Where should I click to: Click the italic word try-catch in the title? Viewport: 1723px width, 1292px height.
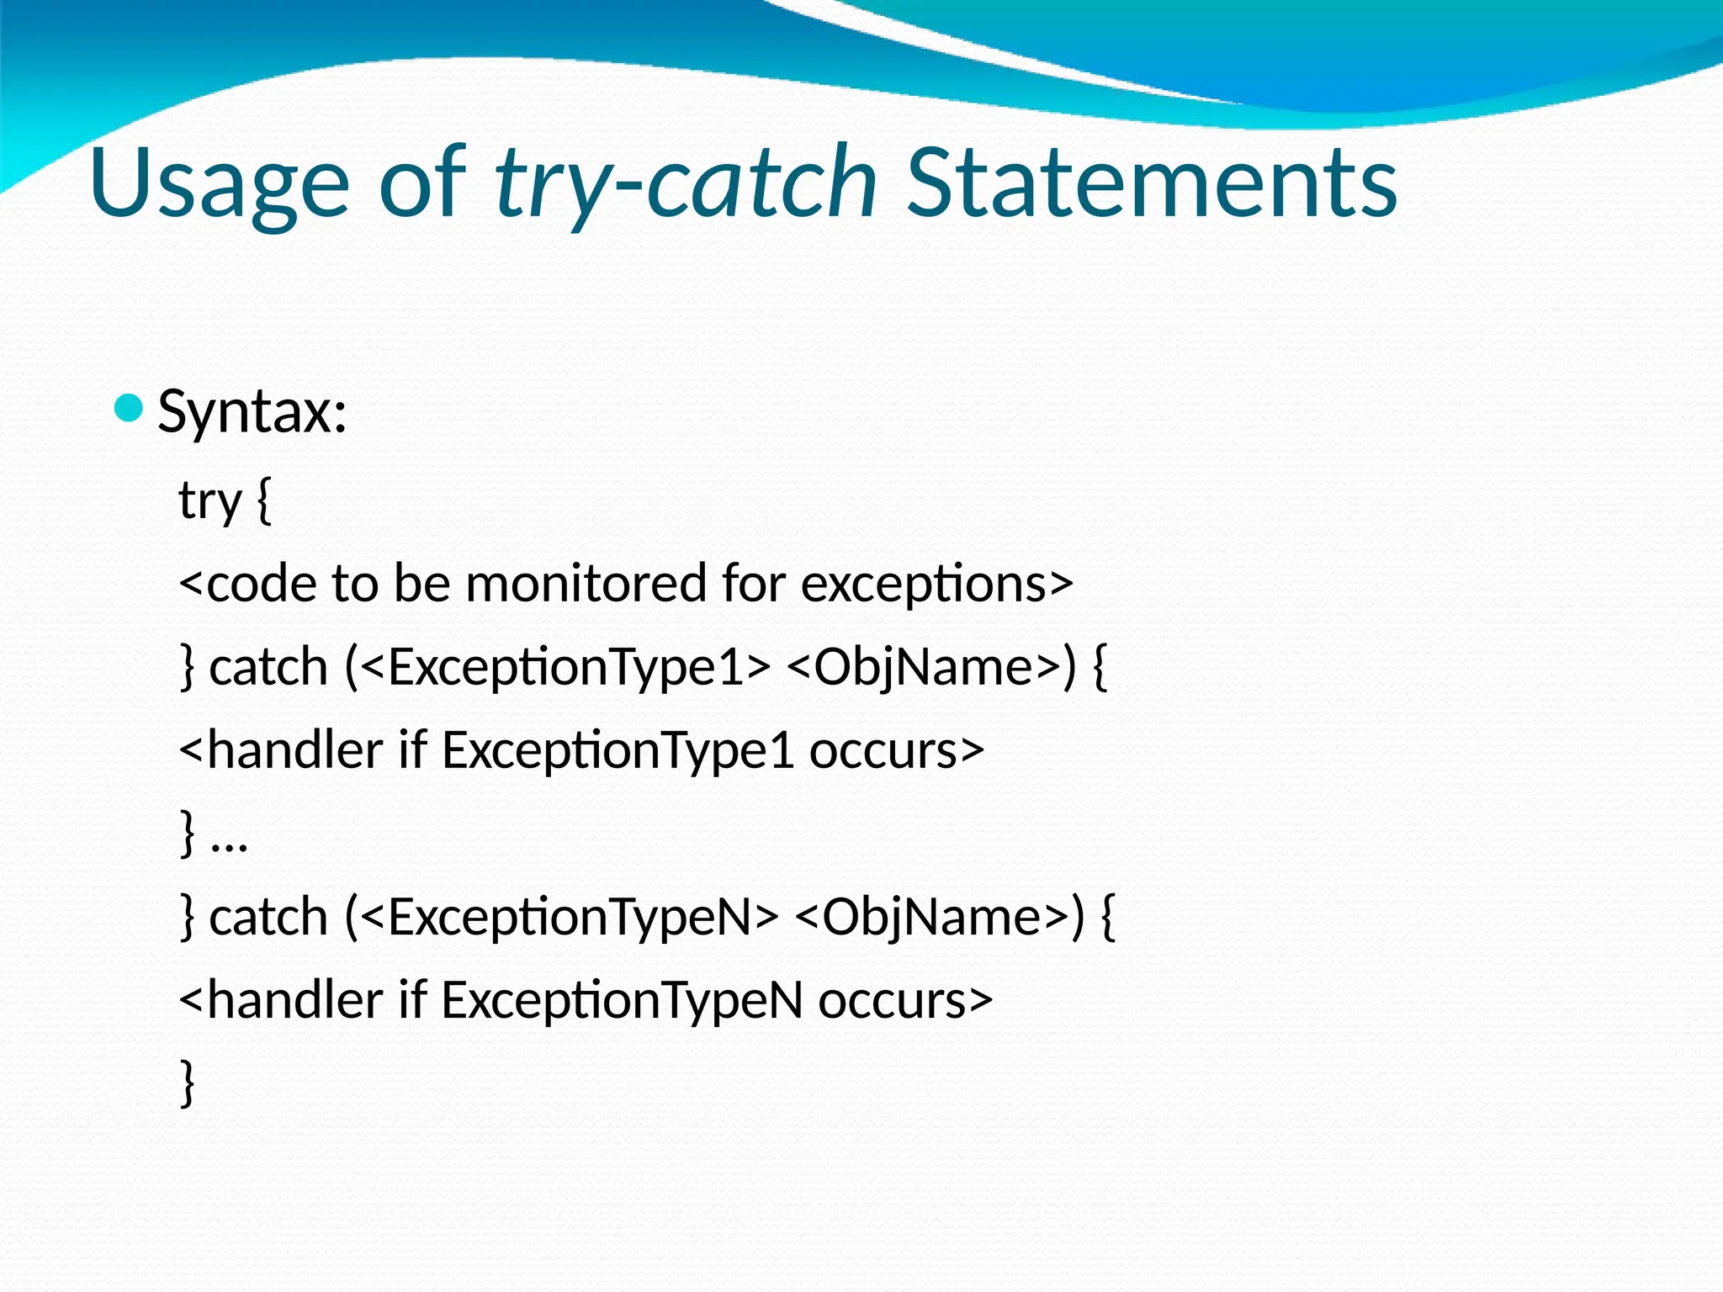686,183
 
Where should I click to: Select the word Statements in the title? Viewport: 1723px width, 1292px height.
1152,183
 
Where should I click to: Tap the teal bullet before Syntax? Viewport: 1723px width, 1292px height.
129,409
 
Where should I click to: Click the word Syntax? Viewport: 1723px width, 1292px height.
252,412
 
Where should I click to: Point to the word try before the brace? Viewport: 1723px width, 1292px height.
209,501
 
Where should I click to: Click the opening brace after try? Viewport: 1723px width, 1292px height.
263,501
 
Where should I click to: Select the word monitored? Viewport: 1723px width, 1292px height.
586,583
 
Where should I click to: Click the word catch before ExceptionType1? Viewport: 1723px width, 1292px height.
268,666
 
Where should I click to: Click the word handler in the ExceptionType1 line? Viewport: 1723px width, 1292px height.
294,749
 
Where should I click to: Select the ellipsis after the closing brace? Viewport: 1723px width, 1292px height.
229,841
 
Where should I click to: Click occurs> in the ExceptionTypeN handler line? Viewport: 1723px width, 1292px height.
905,999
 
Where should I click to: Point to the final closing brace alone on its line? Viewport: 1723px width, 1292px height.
188,1083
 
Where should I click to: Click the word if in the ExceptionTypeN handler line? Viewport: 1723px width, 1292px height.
412,999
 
